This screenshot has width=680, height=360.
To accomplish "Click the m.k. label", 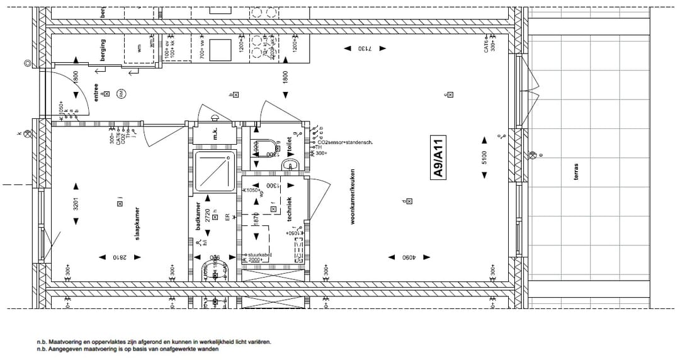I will click(214, 134).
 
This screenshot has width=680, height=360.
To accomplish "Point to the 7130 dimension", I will click(366, 48).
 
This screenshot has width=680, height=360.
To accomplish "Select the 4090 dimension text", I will click(411, 257).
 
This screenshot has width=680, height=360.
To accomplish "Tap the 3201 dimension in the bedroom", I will click(76, 203).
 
